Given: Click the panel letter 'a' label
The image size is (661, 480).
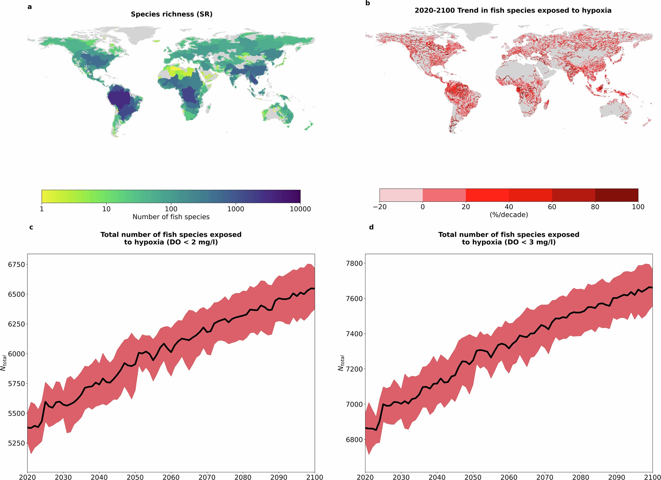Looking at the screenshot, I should click(x=30, y=7).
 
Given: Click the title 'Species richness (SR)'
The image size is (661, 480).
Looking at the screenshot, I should click(x=171, y=14).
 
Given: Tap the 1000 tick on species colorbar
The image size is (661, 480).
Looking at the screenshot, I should click(x=235, y=209).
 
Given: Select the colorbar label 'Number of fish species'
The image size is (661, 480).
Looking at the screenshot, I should click(x=171, y=217).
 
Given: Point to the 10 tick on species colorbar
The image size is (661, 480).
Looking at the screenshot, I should click(x=106, y=209).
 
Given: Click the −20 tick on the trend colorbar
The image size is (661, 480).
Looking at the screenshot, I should click(x=379, y=207).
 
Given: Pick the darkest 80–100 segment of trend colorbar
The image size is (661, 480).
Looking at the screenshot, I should click(x=616, y=195).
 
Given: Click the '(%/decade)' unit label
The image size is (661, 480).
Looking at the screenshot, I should click(x=508, y=215).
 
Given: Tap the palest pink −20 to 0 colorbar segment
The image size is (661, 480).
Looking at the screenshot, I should click(x=401, y=195).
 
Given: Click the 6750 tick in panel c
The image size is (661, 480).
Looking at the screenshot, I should click(x=16, y=265).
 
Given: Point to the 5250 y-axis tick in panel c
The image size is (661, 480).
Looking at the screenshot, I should click(x=16, y=443).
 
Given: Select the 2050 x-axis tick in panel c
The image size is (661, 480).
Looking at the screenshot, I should click(x=135, y=477).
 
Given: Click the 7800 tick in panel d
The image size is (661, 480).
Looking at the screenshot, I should click(x=354, y=263).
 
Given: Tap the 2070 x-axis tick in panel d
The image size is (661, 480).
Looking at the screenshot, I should click(x=545, y=477).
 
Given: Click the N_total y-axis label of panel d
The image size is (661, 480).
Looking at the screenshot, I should click(x=341, y=363).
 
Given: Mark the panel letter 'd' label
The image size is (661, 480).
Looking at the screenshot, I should click(x=371, y=227).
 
